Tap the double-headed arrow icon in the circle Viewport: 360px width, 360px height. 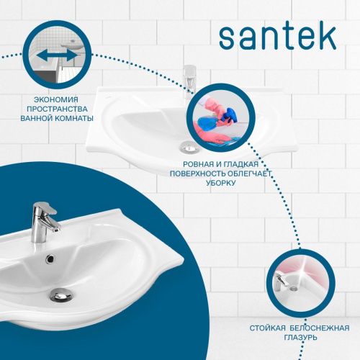click(x=56, y=55)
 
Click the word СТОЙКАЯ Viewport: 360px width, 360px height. click(x=269, y=328)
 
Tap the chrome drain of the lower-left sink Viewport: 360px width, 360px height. click(x=60, y=293)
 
